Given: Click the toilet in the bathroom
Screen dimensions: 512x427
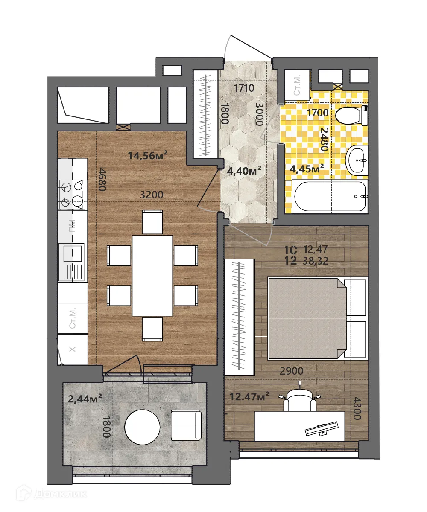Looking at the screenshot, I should tap(351, 116).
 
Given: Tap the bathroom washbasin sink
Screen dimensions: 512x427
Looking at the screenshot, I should tap(357, 160).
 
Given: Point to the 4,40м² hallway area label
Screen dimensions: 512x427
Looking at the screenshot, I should tap(244, 171).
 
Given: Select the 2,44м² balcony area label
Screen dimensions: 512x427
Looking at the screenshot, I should tap(85, 399).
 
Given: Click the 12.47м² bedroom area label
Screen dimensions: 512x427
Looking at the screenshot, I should tap(249, 397).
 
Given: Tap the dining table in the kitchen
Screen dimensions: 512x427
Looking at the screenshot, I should tap(152, 275).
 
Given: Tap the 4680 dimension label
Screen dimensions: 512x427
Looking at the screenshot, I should tap(102, 180).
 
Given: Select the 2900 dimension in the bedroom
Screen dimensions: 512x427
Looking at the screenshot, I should tap(291, 371).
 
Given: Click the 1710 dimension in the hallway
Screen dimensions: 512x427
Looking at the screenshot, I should tap(244, 89).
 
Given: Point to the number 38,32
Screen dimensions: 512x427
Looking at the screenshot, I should tap(316, 262).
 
